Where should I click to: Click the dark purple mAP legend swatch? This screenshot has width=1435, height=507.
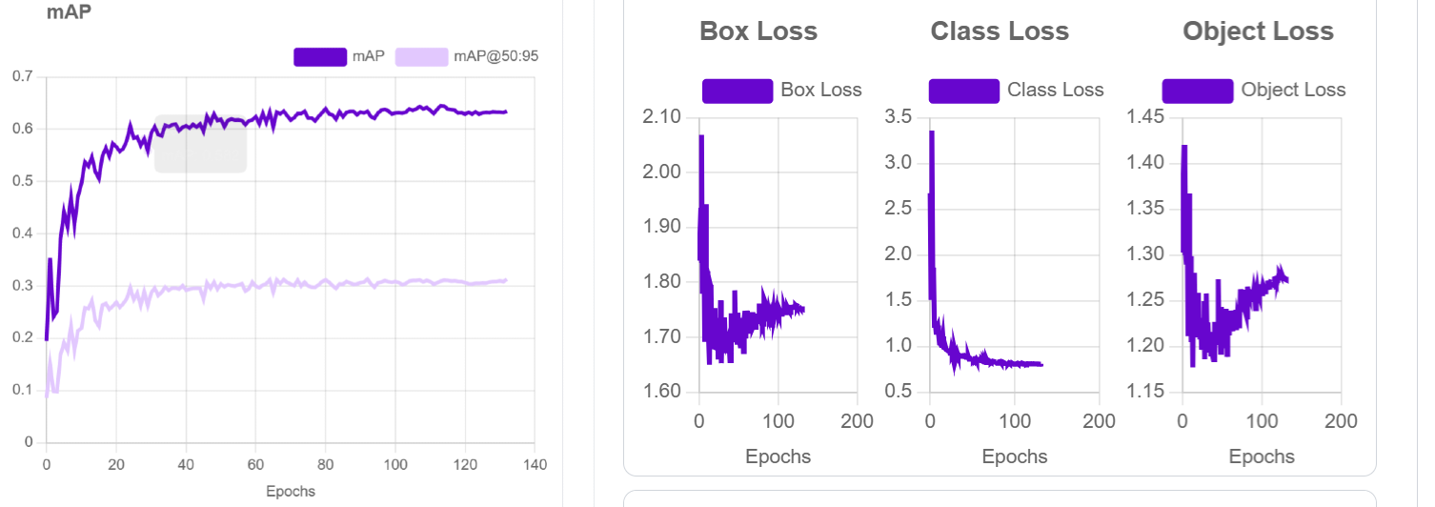(x=320, y=56)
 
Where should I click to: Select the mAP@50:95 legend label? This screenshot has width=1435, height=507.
(x=495, y=56)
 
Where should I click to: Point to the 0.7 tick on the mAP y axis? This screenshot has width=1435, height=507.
(x=22, y=76)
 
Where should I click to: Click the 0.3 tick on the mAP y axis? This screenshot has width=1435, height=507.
(x=22, y=286)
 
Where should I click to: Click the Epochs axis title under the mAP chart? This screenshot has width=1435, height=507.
(x=290, y=492)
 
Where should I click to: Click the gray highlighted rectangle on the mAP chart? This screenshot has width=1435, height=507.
(x=201, y=144)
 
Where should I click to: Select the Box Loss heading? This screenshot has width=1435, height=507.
(x=758, y=31)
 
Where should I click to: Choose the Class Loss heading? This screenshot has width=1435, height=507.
(x=1000, y=31)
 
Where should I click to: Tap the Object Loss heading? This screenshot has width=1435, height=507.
(x=1258, y=31)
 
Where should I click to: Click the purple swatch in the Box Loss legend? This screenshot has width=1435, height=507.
(x=737, y=91)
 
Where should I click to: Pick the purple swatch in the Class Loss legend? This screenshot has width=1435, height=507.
(x=963, y=91)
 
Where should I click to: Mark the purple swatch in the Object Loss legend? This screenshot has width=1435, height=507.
(x=1197, y=91)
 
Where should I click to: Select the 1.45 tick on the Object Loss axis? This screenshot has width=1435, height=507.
(x=1146, y=117)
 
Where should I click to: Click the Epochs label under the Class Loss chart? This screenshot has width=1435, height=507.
(x=1015, y=456)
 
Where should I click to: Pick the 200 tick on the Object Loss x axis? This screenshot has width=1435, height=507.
(x=1342, y=421)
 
